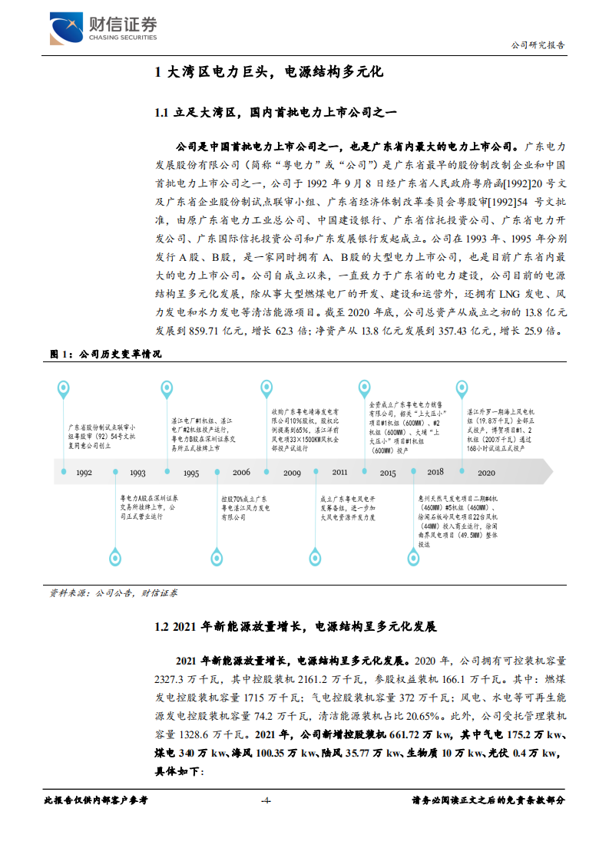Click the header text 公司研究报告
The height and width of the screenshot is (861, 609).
click(x=538, y=45)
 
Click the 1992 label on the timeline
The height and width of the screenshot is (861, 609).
click(x=84, y=473)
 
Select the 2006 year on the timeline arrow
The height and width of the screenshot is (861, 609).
click(x=241, y=473)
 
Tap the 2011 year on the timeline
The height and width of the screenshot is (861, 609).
click(x=339, y=473)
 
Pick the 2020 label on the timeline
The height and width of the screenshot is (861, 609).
click(x=485, y=473)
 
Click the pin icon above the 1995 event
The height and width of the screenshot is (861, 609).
click(x=167, y=388)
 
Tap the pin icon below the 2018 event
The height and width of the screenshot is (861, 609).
click(x=413, y=559)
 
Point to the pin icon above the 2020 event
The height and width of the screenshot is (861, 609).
click(x=463, y=388)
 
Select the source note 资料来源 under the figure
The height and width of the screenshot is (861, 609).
click(x=68, y=593)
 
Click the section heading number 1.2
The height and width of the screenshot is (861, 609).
click(x=161, y=627)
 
